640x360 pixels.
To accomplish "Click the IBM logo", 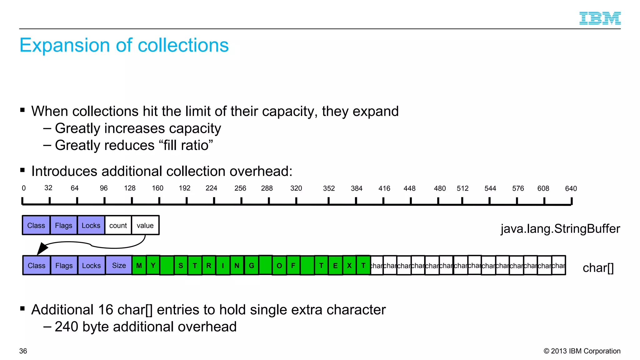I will [x=600, y=18].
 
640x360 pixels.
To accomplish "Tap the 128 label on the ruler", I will [x=130, y=188].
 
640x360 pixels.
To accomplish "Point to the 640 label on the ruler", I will [x=571, y=188].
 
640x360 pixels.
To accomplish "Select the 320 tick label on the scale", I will [x=296, y=188].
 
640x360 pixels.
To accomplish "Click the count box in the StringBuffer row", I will [x=118, y=225].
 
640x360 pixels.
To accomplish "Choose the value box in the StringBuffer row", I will [x=145, y=225].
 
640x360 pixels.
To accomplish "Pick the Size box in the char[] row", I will [x=119, y=265].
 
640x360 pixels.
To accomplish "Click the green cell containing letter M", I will [x=139, y=265].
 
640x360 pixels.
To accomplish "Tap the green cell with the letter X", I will [x=349, y=265].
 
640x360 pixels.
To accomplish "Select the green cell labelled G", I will [x=251, y=265].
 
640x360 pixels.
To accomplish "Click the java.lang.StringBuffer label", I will [x=560, y=229].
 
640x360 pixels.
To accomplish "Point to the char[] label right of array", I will [x=598, y=268].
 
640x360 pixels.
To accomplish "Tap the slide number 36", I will [x=23, y=351].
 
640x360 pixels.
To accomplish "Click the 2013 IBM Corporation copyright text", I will [x=582, y=351].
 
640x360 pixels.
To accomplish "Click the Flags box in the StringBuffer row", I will [x=63, y=225].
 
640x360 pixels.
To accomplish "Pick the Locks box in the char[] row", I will [x=91, y=265].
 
